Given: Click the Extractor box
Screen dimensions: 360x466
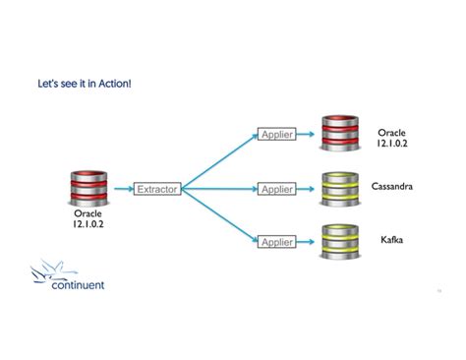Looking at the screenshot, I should point(157,188).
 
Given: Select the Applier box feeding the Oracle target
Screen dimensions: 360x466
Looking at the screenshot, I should point(277,134).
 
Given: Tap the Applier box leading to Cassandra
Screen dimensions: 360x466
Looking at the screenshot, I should point(277,188).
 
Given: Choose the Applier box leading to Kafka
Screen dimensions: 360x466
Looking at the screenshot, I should point(277,241).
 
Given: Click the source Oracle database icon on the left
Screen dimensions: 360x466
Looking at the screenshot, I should point(87,187).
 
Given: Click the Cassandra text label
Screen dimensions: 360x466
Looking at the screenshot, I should point(391,186).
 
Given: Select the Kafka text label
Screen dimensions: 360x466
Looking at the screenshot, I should point(391,239).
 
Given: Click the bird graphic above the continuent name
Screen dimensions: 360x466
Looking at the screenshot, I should point(49,268).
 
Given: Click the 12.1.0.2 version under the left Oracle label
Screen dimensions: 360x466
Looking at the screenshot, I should point(87,222).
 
